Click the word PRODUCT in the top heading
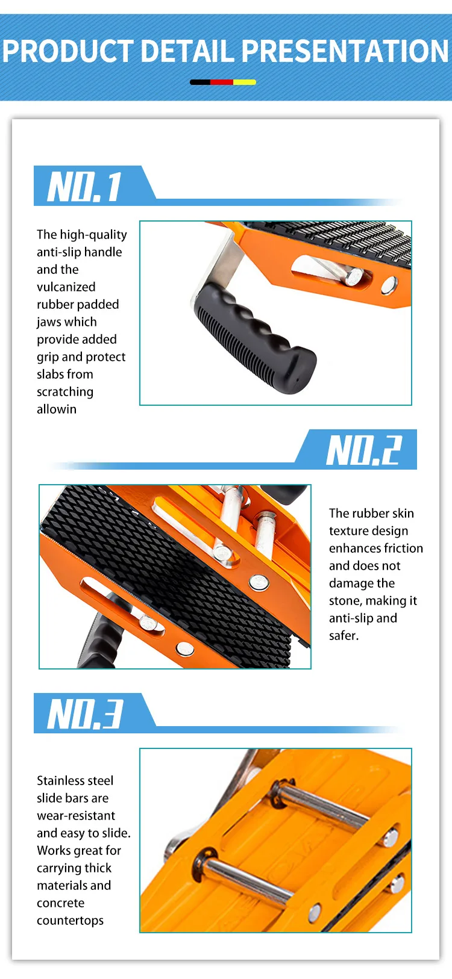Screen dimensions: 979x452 coord(67,51)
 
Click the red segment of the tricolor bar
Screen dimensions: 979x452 coord(222,82)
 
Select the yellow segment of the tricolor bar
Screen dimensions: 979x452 coord(245,82)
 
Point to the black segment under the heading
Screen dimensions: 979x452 coord(200,82)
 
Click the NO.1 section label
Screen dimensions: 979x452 coord(85,186)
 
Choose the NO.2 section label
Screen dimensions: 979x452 coord(363,450)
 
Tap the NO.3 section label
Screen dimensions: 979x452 coord(85,714)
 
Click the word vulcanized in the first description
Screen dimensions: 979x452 coord(66,287)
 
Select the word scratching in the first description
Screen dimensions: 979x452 coord(65,392)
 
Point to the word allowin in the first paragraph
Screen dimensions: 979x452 coord(57,409)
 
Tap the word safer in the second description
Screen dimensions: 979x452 coord(344,636)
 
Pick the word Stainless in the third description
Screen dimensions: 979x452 coord(60,781)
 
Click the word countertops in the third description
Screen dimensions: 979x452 coord(70,921)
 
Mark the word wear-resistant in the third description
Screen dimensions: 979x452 coord(76,816)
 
